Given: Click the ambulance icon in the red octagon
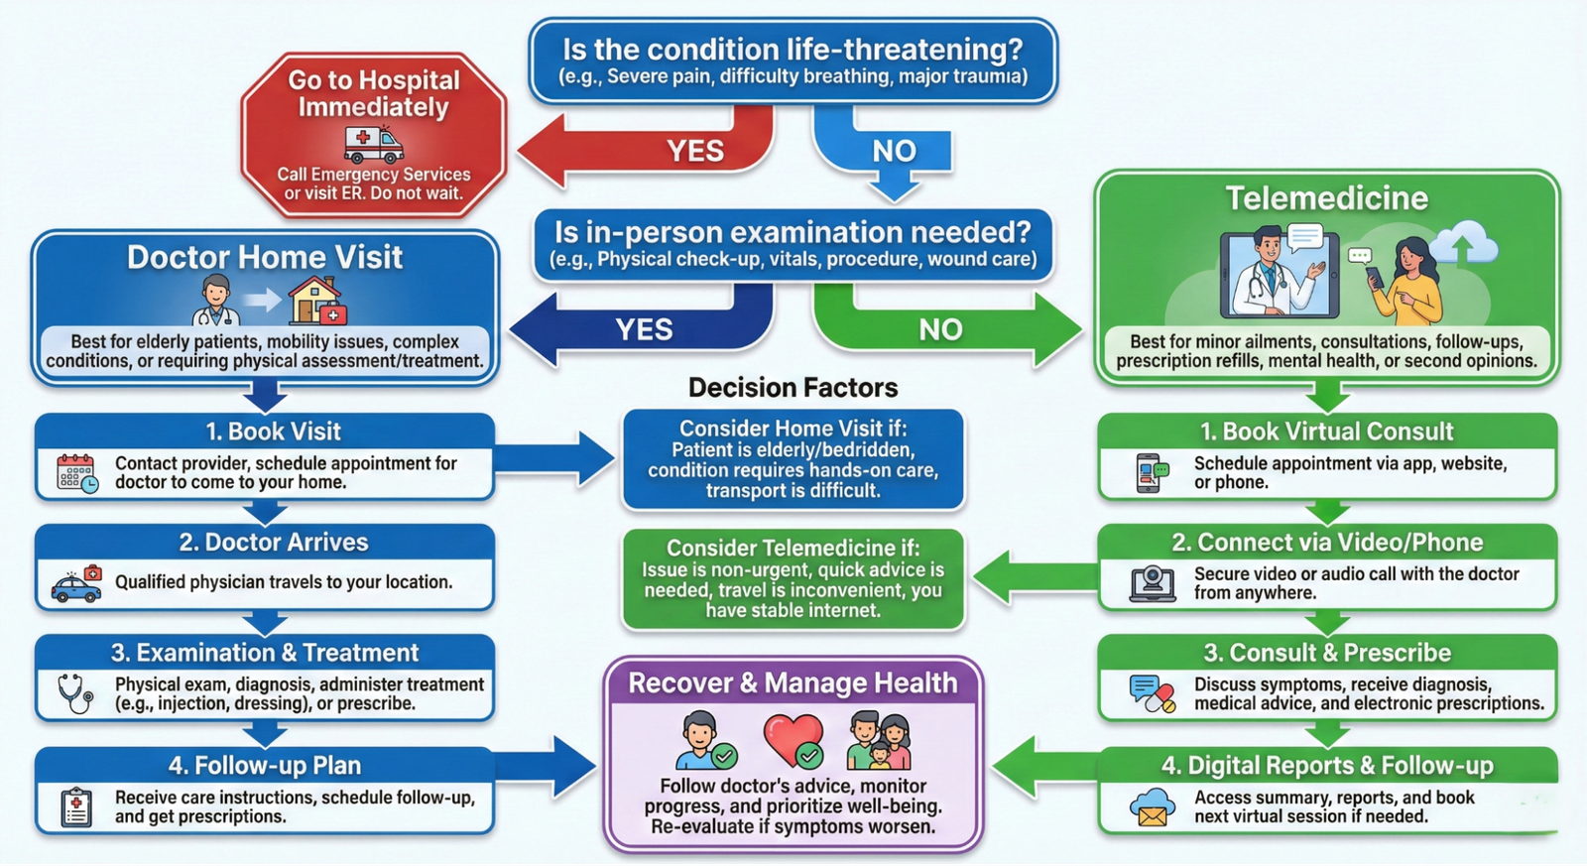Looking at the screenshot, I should (x=373, y=145).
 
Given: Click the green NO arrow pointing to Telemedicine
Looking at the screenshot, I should (x=942, y=327).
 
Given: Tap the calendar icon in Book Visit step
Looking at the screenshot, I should (x=77, y=473).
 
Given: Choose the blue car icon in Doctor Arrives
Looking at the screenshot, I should (x=76, y=586).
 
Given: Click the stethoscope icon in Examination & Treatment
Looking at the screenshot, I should (x=75, y=693).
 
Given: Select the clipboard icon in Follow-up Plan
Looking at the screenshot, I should (x=76, y=806).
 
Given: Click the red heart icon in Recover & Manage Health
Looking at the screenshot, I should (x=793, y=741).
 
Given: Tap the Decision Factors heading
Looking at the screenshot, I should (x=793, y=388).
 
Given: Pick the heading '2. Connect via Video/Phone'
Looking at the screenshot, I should (x=1327, y=543).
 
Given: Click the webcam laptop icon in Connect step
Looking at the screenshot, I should (x=1153, y=583).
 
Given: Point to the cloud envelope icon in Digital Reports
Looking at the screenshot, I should (x=1152, y=806).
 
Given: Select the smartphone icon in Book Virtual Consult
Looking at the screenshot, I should (x=1151, y=473).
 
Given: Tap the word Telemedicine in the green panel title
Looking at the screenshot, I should (x=1326, y=198).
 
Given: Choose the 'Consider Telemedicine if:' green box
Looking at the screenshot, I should (x=793, y=579).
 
